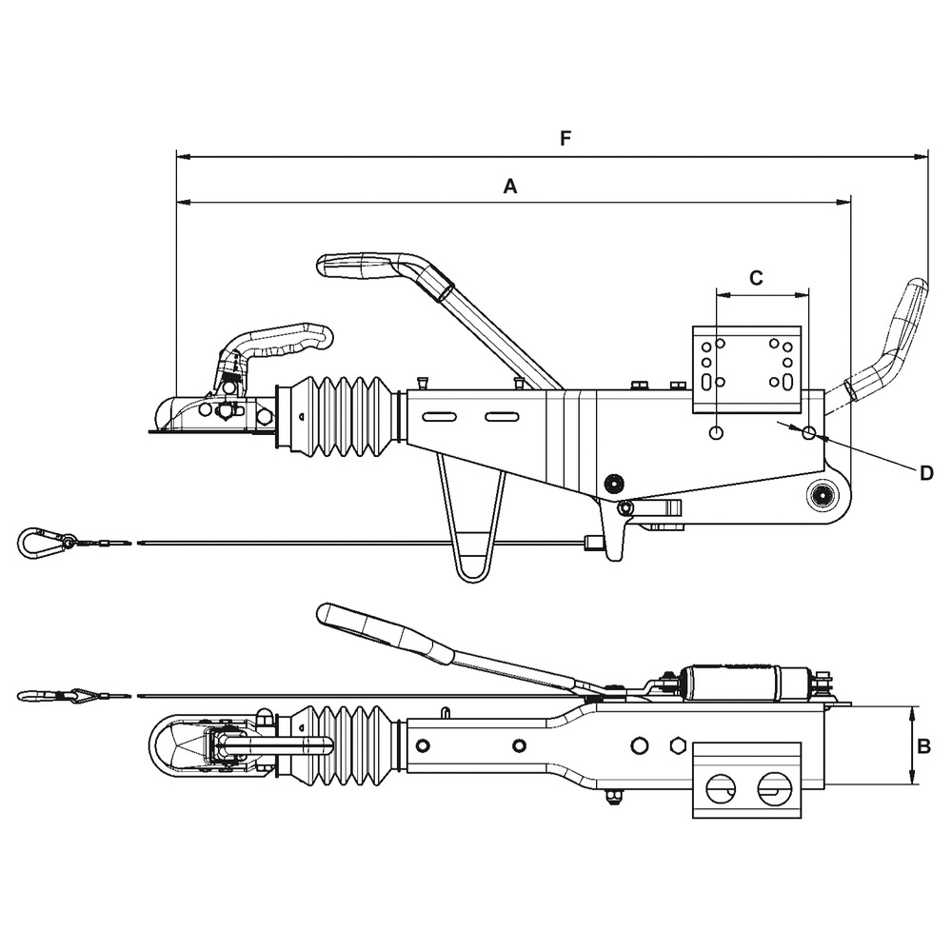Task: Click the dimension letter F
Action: [x=565, y=139]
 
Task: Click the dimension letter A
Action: [x=510, y=188]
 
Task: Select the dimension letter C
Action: [x=756, y=278]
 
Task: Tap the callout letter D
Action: [x=926, y=473]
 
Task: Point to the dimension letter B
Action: [x=922, y=747]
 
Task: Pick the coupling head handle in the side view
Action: [x=290, y=339]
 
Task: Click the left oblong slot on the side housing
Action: [x=440, y=416]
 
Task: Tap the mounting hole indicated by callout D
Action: [x=808, y=433]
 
